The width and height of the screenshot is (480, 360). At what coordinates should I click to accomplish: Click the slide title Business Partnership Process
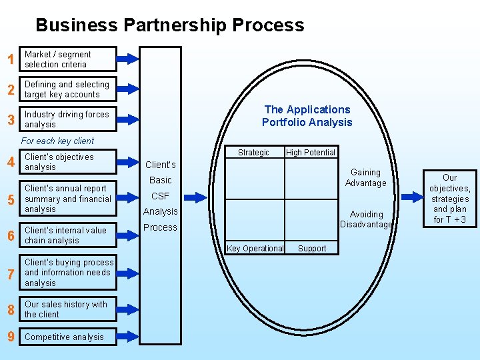[169, 25]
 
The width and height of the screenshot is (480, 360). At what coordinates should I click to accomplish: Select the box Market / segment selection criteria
[68, 59]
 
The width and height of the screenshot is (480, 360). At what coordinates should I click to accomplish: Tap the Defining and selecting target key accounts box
[68, 89]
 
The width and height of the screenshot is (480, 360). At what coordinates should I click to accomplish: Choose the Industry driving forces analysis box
[68, 119]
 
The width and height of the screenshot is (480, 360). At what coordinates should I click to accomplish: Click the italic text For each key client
[57, 141]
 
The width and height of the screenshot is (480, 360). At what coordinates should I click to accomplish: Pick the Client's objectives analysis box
[68, 162]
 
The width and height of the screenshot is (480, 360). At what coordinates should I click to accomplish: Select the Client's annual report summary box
[68, 199]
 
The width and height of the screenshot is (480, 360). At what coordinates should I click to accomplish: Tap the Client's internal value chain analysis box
[68, 235]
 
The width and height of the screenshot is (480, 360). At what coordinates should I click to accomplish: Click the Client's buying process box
[68, 272]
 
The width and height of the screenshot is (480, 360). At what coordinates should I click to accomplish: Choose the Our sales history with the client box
[68, 309]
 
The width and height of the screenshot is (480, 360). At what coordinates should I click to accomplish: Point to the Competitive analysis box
[68, 337]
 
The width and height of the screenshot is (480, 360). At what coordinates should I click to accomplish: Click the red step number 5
[10, 199]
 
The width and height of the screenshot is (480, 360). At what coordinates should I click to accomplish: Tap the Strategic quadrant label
[253, 153]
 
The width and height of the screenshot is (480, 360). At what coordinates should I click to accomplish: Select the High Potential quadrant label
[311, 153]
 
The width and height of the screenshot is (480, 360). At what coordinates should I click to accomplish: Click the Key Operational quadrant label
[255, 249]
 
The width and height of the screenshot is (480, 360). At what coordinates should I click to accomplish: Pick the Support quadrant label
[312, 249]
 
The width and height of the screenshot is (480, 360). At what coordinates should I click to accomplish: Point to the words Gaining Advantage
[365, 177]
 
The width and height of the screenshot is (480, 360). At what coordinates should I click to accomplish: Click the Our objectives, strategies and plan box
[450, 199]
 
